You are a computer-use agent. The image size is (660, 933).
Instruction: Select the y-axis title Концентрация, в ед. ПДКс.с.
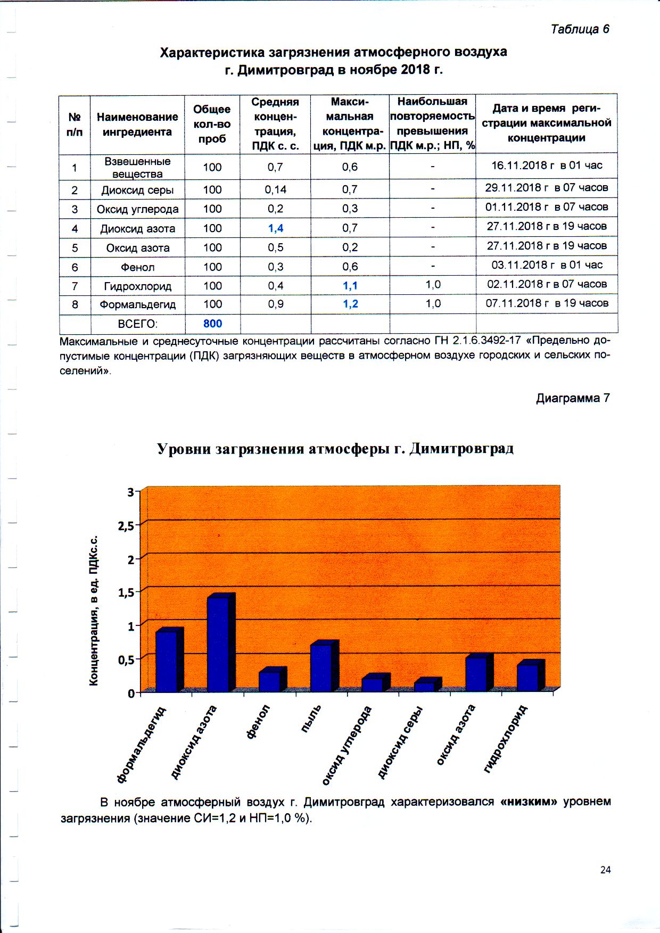94,610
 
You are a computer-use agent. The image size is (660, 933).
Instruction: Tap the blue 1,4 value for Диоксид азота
276,228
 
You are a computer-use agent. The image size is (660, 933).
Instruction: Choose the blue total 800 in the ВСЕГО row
212,324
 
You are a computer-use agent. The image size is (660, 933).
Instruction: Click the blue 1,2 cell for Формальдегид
350,304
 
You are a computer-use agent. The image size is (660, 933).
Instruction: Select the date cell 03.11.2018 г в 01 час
547,265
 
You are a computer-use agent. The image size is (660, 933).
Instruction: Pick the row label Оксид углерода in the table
137,209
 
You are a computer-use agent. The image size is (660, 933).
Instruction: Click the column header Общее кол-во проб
212,124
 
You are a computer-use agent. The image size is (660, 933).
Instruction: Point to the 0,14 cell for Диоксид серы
276,189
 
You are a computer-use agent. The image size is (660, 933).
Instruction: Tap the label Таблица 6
580,29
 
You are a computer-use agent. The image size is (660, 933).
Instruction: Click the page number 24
605,870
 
